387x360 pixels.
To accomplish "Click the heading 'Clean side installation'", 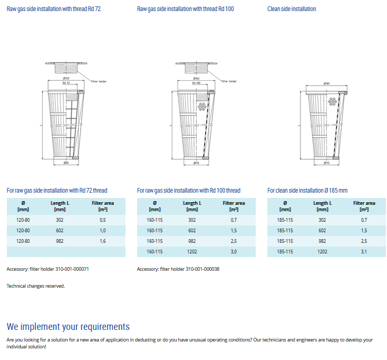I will tap(292, 9).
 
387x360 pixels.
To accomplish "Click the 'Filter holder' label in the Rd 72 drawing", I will tap(98, 81).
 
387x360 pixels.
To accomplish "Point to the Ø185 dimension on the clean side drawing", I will tap(327, 83).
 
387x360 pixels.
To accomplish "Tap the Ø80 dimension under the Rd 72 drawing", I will tap(66, 163).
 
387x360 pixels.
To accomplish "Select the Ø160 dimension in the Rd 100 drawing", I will tap(196, 79).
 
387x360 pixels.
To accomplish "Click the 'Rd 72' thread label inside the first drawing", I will tap(66, 83).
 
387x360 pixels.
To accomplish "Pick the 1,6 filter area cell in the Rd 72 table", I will tap(103, 241).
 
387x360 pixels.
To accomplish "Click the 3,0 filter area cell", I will tap(234, 252).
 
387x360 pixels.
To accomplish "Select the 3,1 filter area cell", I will tap(364, 252).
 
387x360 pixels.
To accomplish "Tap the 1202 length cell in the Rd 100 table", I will tap(192, 252).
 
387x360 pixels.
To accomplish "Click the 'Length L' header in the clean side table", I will tap(322, 206).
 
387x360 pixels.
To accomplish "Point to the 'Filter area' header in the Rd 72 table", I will tap(103, 206).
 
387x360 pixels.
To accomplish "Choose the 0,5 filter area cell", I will tap(103, 220).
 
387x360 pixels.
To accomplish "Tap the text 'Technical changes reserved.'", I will tap(36, 286).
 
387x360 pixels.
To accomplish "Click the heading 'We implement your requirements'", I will tap(68, 327).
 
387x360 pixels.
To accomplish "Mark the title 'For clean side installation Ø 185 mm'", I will tap(307, 191).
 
